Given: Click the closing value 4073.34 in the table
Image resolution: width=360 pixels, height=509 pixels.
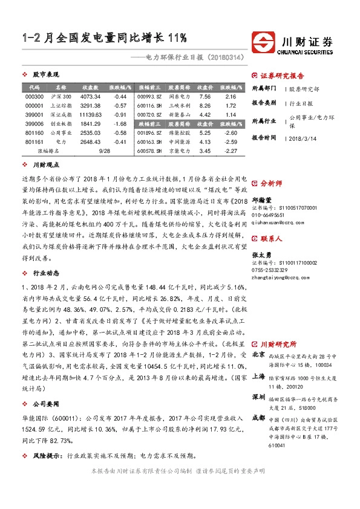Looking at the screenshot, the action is [90, 97].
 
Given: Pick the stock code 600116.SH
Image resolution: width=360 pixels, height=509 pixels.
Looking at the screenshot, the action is [149, 105].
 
